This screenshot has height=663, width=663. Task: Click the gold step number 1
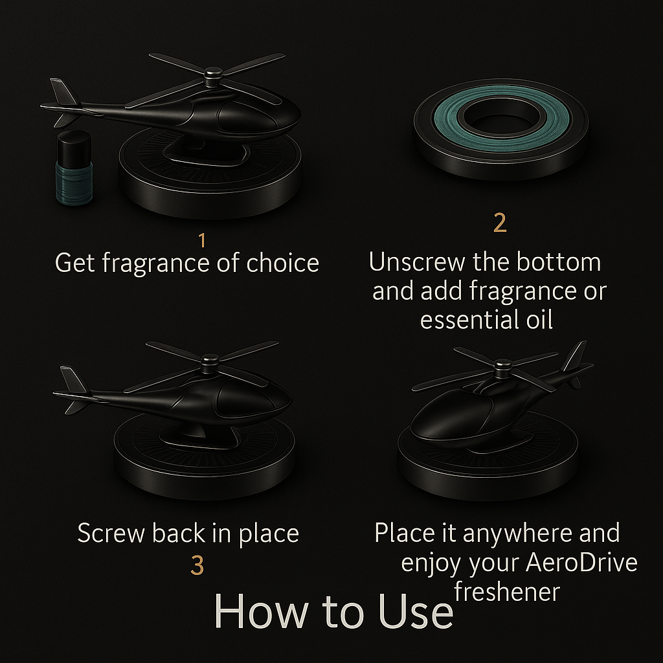point(203,241)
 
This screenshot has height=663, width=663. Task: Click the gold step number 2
point(500,223)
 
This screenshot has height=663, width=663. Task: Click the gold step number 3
point(197,565)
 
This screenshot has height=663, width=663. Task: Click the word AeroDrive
point(582,563)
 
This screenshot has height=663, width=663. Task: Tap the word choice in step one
point(282,263)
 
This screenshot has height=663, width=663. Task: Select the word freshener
point(508,592)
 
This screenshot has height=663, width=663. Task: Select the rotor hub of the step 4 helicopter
point(502,368)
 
